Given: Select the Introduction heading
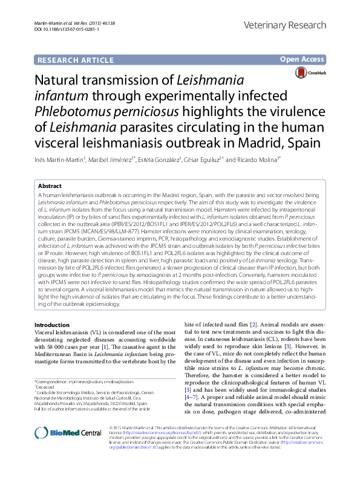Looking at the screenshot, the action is tap(53, 325).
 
